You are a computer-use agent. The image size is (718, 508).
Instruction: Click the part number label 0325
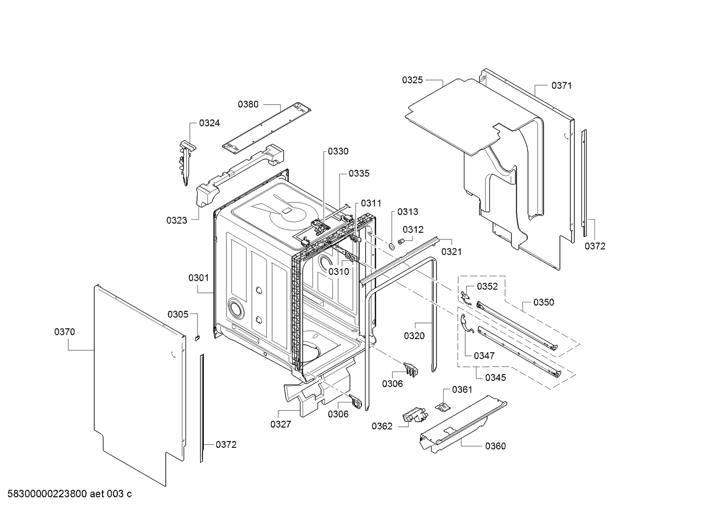412,80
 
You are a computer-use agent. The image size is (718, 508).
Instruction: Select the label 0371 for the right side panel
561,85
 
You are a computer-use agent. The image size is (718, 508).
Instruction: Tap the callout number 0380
248,104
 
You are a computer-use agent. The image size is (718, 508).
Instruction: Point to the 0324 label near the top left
209,123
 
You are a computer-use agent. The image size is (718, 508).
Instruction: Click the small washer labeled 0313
391,246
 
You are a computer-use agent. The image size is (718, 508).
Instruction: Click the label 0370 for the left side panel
65,332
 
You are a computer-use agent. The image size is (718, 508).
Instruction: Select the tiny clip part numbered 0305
197,337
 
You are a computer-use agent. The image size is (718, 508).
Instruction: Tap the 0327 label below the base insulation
281,424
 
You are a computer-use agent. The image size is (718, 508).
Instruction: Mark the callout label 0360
495,446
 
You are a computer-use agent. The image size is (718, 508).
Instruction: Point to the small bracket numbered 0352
466,297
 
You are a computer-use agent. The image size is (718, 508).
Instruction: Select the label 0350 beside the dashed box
543,302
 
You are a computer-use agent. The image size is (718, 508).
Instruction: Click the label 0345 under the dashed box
495,377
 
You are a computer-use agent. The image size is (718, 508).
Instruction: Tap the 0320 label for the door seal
414,336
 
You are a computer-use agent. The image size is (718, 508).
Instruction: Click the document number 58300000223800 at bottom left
45,494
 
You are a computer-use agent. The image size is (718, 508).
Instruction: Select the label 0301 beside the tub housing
198,278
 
